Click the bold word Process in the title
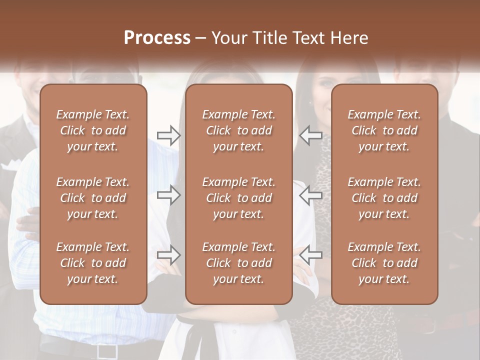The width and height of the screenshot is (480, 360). click(x=157, y=38)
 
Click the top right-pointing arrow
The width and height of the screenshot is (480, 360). click(x=168, y=135)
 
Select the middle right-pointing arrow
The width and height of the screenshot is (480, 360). click(x=168, y=194)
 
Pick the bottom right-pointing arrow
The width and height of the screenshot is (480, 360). click(x=168, y=255)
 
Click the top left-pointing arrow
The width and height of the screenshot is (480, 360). click(x=310, y=135)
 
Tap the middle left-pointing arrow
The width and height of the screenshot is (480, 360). click(x=310, y=194)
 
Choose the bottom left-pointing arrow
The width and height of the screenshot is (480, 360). click(x=310, y=255)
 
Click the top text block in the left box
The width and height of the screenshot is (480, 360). click(x=93, y=130)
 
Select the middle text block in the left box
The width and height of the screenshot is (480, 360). click(x=93, y=198)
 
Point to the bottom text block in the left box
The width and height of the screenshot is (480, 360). click(x=93, y=263)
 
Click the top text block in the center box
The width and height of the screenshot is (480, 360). click(x=238, y=130)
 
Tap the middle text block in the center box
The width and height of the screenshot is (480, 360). click(x=238, y=198)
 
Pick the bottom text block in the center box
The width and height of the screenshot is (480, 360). click(x=238, y=263)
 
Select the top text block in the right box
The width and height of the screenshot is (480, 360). click(x=384, y=130)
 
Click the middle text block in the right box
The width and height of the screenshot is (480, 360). click(x=384, y=198)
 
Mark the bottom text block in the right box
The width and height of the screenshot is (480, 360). click(x=384, y=263)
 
